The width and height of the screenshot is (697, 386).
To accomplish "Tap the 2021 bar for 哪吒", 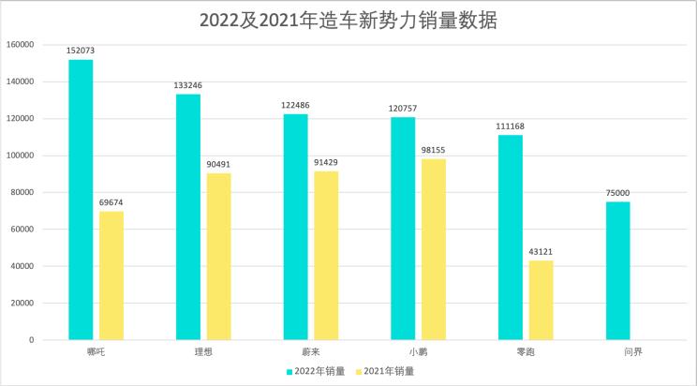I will click(x=111, y=275).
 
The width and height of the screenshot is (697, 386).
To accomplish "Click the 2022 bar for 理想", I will click(x=188, y=216).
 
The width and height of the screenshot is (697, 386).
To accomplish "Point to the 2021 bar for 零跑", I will click(x=541, y=300).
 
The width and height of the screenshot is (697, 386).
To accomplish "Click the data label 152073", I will click(x=81, y=51).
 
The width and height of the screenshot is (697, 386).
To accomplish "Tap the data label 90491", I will click(x=218, y=164).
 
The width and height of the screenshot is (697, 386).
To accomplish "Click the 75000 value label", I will click(x=618, y=193).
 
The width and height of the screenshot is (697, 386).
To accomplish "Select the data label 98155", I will click(x=433, y=150).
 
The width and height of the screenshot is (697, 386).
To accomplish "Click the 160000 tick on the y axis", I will click(x=20, y=45).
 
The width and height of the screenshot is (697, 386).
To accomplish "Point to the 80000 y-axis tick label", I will click(x=22, y=193).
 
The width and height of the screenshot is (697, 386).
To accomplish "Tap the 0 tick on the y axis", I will click(x=32, y=340).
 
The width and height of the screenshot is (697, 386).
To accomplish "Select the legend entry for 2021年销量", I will click(x=385, y=371).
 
